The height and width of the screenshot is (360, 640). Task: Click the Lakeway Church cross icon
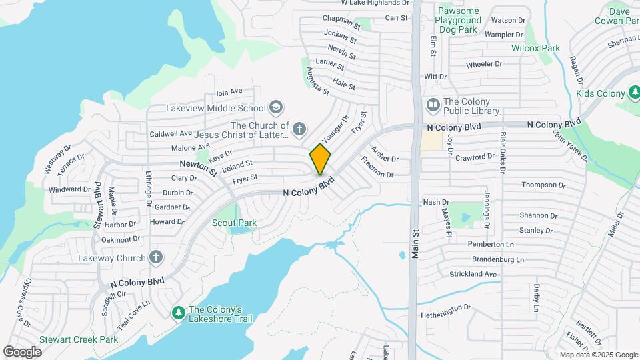tap(156, 257)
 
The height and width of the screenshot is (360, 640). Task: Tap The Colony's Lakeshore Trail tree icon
tap(178, 312)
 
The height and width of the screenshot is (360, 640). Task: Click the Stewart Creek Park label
tap(78, 339)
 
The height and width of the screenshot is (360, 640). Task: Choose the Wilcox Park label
tap(535, 48)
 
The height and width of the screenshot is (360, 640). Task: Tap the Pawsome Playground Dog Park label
tap(459, 21)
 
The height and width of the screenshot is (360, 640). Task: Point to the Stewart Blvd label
tap(97, 213)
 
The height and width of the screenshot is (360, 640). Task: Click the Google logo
tap(23, 351)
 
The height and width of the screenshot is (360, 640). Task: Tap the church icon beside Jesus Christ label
tap(299, 129)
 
